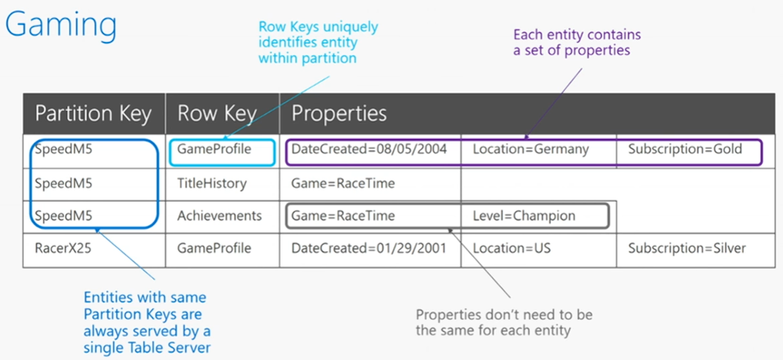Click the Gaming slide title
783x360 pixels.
(61, 24)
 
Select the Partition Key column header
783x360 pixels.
(93, 114)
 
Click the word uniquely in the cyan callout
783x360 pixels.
(350, 27)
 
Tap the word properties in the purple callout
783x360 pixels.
(597, 50)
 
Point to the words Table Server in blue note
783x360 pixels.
(169, 347)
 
